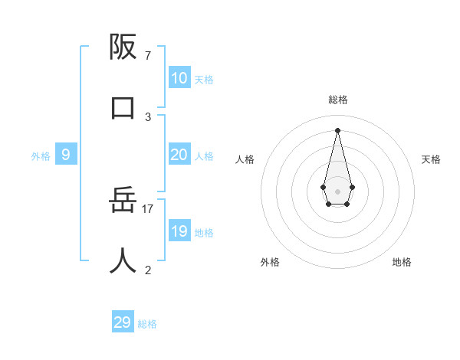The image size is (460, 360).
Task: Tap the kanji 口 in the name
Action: tap(123, 107)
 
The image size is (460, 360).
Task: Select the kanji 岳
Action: tap(123, 201)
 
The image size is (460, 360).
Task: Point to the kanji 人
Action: tap(123, 260)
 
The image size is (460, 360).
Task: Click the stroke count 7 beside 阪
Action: tap(147, 56)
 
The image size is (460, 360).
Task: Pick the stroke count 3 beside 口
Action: tap(147, 116)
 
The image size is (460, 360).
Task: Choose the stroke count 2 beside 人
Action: tap(147, 270)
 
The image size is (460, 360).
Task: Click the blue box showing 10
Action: tap(179, 78)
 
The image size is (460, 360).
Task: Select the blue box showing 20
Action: tap(179, 155)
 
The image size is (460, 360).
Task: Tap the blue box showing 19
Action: tap(179, 231)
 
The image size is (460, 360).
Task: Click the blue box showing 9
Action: tap(66, 155)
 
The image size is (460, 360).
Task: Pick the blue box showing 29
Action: tap(122, 322)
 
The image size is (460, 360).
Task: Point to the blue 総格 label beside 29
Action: tap(147, 324)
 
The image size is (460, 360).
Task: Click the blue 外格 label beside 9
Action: tap(41, 156)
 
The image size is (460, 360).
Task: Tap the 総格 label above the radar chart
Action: tap(338, 100)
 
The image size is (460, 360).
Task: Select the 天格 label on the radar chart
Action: tap(431, 159)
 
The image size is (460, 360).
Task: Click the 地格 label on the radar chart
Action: tap(402, 262)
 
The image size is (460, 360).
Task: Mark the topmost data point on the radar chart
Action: tap(337, 129)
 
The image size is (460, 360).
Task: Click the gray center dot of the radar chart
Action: tap(337, 191)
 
